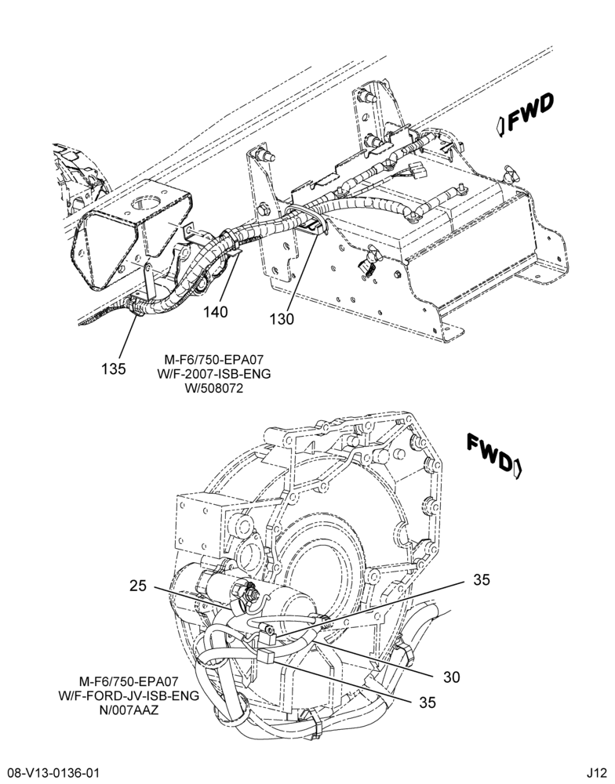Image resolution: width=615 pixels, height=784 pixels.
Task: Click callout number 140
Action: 215,312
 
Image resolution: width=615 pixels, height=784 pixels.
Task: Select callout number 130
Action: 282,319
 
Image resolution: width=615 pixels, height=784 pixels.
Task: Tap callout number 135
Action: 114,369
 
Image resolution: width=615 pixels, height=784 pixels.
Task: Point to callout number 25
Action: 138,586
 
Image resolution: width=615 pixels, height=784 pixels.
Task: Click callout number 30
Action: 451,677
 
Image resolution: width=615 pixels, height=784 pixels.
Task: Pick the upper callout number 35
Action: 482,580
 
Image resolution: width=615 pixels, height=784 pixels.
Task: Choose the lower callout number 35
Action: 428,702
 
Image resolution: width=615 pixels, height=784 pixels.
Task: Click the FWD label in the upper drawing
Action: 530,112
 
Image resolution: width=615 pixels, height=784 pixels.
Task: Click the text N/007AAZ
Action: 129,710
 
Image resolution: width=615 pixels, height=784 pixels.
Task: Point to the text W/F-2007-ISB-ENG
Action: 213,373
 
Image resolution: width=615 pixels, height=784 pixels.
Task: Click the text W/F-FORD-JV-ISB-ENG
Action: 129,695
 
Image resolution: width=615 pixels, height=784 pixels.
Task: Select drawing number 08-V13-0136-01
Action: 49,773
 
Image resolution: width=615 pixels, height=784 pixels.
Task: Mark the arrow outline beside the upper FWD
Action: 500,125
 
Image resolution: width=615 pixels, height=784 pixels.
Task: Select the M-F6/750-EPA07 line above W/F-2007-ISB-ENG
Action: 213,360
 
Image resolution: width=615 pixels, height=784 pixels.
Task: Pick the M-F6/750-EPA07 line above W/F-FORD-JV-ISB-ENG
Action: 129,681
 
